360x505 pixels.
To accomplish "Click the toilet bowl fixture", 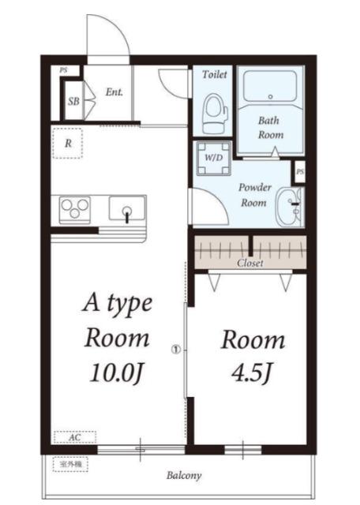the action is tap(215, 114).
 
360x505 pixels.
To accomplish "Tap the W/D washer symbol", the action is tap(214, 158).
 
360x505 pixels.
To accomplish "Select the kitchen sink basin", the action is tap(126, 208).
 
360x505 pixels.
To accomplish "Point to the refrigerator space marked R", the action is tap(68, 143).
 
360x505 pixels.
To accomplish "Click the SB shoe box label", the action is tap(73, 101).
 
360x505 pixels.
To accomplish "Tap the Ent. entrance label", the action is tap(114, 92).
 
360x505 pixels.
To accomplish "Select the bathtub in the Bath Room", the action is tap(270, 86).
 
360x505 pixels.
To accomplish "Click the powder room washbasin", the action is tap(289, 207).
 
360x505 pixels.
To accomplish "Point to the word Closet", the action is tap(250, 263).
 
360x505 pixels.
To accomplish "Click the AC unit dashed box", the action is tap(75, 437).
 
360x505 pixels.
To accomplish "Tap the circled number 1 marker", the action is tap(176, 349).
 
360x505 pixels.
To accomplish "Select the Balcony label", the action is tap(184, 475).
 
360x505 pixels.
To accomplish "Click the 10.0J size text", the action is tap(116, 372).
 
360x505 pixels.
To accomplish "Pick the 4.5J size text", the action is tap(252, 372).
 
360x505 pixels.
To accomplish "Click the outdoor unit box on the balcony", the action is tap(70, 465).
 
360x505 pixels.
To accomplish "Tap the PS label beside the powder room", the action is tap(300, 172).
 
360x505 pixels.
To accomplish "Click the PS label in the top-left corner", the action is tap(63, 70).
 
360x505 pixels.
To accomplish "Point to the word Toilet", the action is tap(215, 74).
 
